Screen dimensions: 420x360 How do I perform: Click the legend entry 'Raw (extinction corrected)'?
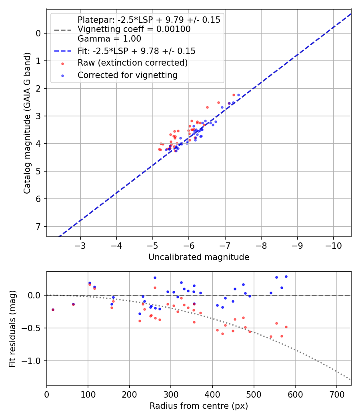click(x=132, y=63)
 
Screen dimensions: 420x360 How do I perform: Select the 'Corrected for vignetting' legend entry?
click(x=128, y=75)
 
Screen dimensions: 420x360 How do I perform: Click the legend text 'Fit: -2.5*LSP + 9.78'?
click(x=136, y=51)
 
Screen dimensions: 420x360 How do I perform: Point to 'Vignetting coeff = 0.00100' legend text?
click(x=134, y=29)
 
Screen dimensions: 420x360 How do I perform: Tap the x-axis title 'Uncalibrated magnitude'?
click(x=199, y=257)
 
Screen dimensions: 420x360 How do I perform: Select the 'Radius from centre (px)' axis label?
click(x=199, y=406)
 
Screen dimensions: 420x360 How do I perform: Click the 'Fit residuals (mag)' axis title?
click(x=12, y=329)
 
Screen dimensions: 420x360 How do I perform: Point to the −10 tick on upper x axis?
click(x=333, y=245)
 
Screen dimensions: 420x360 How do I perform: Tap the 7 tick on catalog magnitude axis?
click(x=39, y=226)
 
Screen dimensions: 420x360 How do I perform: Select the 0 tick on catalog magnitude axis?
click(x=39, y=33)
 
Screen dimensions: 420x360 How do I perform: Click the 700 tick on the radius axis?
click(x=336, y=394)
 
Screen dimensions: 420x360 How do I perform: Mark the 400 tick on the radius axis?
click(x=212, y=394)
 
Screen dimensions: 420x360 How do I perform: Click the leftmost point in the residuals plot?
click(x=53, y=310)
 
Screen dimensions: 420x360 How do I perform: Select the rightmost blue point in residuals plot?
click(x=286, y=276)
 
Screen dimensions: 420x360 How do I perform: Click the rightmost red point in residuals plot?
click(x=286, y=327)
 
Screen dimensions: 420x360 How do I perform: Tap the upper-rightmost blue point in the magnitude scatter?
click(x=238, y=95)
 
